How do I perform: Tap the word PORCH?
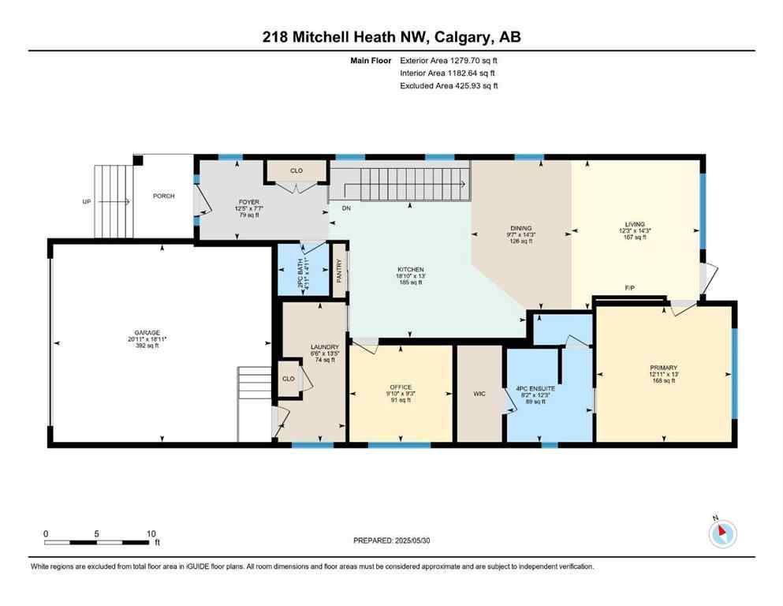pyautogui.click(x=164, y=196)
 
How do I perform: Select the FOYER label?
pyautogui.click(x=249, y=202)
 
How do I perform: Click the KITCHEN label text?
pyautogui.click(x=410, y=270)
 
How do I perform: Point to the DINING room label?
pyautogui.click(x=520, y=228)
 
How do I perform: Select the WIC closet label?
pyautogui.click(x=479, y=393)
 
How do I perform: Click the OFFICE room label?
pyautogui.click(x=401, y=387)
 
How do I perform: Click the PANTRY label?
pyautogui.click(x=339, y=271)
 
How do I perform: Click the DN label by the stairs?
pyautogui.click(x=345, y=209)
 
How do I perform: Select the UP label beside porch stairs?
pyautogui.click(x=87, y=202)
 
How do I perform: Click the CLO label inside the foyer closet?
pyautogui.click(x=296, y=170)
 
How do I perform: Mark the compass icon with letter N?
pyautogui.click(x=722, y=533)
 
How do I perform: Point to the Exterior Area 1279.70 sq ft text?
pyautogui.click(x=449, y=60)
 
